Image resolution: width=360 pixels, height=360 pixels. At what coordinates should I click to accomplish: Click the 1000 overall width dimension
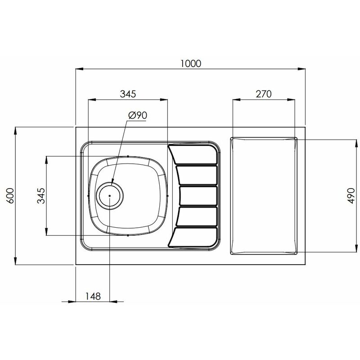(190, 63)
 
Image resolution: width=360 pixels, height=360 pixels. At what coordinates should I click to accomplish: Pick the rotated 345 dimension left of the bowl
(41, 196)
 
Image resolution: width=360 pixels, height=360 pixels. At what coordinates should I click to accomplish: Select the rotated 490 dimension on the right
(351, 196)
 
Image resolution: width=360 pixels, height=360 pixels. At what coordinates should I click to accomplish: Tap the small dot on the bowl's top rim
(128, 156)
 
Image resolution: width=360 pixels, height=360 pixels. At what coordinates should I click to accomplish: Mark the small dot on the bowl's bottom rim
(128, 235)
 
